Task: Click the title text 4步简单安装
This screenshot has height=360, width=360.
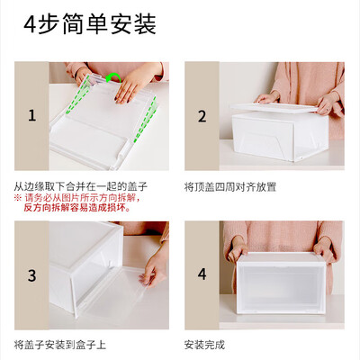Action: [x=90, y=24]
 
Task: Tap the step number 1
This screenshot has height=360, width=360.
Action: [x=31, y=115]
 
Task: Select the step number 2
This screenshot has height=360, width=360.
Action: [x=202, y=116]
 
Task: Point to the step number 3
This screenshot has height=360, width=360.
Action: [x=31, y=275]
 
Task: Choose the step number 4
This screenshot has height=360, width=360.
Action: [x=202, y=274]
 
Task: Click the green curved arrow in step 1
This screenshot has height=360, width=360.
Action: [x=112, y=77]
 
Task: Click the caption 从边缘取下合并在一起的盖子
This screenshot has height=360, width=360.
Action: [x=81, y=186]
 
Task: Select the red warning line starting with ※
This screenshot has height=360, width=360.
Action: [x=77, y=198]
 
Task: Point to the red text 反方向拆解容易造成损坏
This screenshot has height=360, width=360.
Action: [x=77, y=207]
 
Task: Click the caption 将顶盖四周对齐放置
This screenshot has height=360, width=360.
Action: [x=230, y=187]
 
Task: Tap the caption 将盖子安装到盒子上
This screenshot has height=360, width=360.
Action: [x=60, y=345]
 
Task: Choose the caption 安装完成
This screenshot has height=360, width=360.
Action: [x=204, y=345]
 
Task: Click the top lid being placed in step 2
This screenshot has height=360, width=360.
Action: [x=274, y=107]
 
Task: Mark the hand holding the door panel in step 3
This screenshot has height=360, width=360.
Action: [x=155, y=267]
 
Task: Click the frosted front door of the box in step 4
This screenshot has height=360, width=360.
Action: [x=281, y=286]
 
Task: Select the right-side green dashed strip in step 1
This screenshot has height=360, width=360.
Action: [x=146, y=119]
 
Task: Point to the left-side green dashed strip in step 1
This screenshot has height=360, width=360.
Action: [x=77, y=94]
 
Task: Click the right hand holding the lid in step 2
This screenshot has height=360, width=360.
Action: [x=328, y=103]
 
